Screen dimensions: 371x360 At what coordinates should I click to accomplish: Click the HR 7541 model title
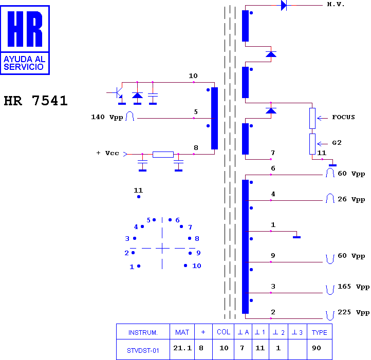point(36,101)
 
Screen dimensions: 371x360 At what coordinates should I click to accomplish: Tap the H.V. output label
point(336,4)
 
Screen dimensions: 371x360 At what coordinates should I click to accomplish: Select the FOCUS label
point(343,117)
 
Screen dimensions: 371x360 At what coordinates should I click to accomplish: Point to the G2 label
point(337,143)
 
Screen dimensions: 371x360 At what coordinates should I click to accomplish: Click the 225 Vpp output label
point(354,312)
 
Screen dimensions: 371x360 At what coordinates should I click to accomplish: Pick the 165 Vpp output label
point(354,287)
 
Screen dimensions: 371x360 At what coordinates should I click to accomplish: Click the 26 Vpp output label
point(351,199)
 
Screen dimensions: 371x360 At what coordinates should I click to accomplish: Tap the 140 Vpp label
point(107,117)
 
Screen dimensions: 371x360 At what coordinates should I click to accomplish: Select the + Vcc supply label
point(108,153)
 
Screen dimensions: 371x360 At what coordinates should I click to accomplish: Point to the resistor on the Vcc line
point(163,155)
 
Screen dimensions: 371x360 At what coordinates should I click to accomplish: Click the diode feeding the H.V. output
point(284,5)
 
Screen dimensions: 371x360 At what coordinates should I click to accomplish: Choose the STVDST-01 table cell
point(143,351)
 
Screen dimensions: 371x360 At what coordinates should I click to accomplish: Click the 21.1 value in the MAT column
point(182,348)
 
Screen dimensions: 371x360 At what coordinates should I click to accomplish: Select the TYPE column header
point(320,333)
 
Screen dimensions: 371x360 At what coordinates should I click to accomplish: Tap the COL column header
point(224,332)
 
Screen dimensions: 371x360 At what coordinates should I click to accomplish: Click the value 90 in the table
point(317,348)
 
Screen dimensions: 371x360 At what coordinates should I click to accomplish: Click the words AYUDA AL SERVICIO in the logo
point(25,63)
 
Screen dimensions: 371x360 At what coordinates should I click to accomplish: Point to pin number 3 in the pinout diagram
point(127,239)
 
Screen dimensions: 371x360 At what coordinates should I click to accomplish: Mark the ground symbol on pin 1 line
point(296,237)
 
